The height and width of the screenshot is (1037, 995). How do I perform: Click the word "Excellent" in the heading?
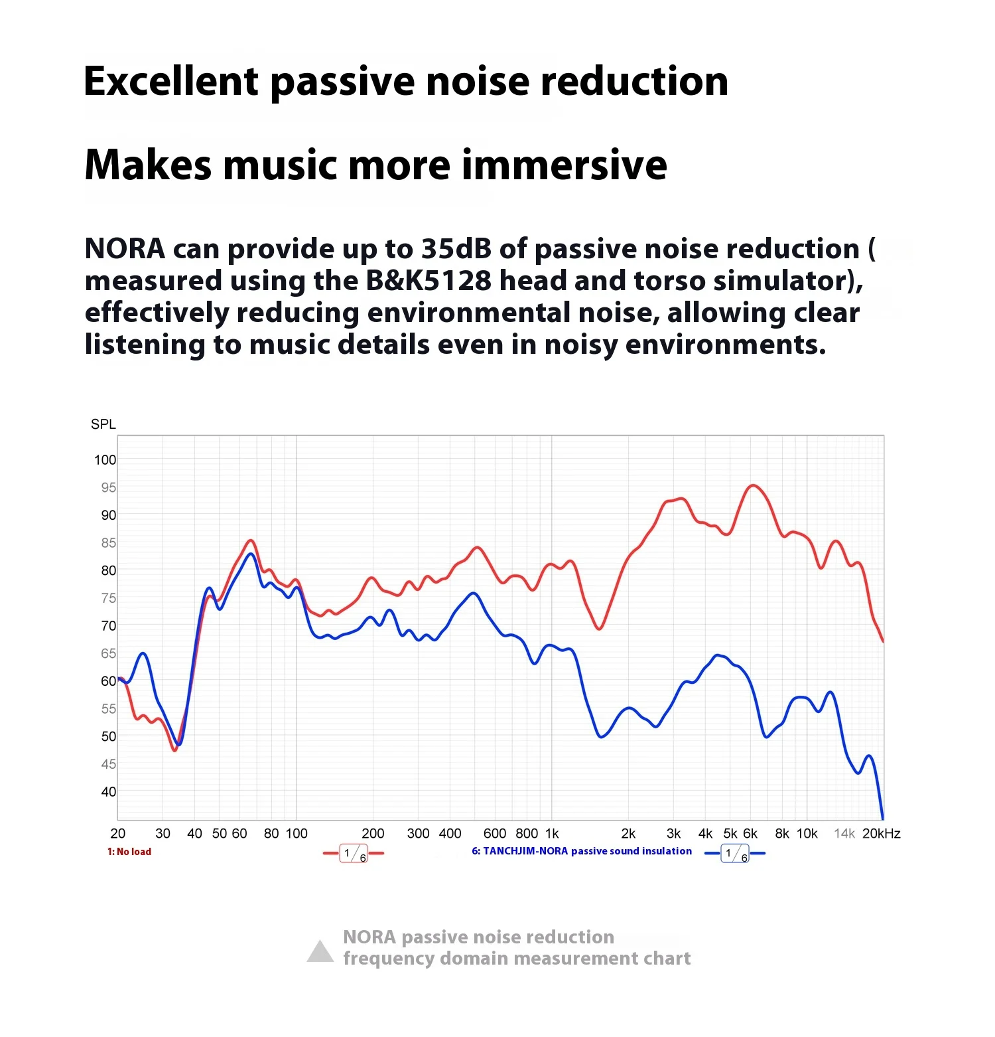(x=170, y=82)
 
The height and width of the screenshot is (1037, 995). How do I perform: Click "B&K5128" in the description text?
(x=429, y=281)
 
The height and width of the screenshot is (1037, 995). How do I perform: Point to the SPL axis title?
(x=103, y=424)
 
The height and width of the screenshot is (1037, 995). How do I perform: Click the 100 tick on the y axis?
(x=105, y=459)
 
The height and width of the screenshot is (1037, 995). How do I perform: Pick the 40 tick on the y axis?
(x=108, y=791)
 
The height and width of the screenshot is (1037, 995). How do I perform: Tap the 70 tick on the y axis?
(x=108, y=625)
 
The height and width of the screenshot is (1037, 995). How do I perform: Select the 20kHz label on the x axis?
(x=881, y=834)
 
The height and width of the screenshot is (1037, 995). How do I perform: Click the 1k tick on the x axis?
(x=552, y=834)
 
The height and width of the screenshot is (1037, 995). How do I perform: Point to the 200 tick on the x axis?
(x=373, y=834)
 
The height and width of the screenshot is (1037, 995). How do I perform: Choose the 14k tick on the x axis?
(x=844, y=834)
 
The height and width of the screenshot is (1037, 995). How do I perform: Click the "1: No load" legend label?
(x=129, y=852)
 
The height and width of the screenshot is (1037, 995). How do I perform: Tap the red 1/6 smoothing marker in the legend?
(x=354, y=853)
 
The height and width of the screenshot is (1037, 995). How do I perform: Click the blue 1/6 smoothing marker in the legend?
(x=735, y=853)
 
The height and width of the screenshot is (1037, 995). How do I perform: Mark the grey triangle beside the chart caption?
(x=320, y=951)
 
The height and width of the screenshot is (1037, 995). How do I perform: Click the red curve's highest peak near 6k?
(x=753, y=485)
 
